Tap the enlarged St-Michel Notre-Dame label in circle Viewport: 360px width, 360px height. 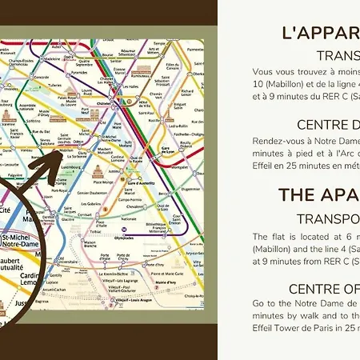pyautogui.click(x=24, y=241)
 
